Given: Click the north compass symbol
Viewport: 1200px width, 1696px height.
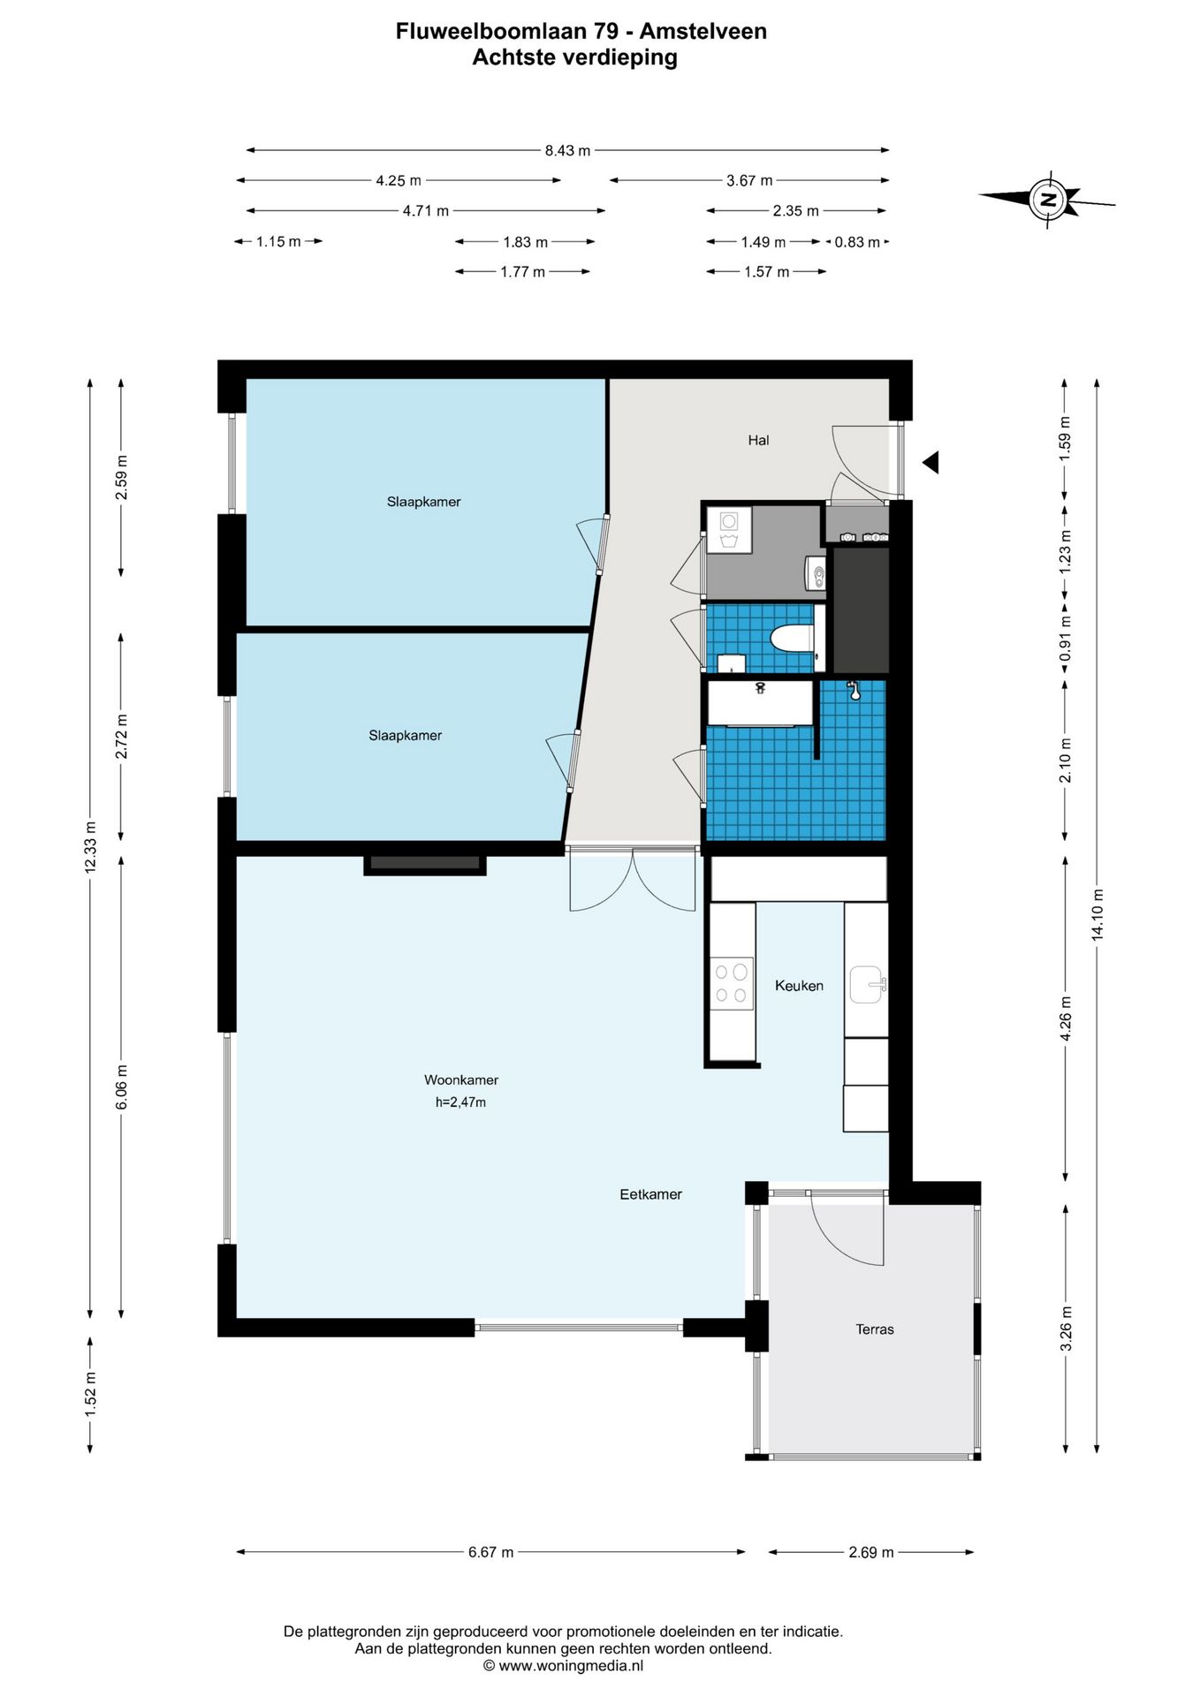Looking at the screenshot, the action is click(x=1048, y=199).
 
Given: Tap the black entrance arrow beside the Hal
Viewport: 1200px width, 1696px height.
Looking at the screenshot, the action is click(x=930, y=461).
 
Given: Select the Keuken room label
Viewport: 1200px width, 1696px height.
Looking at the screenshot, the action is click(x=799, y=986).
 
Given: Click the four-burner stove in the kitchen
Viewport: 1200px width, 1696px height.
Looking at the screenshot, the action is click(x=732, y=983).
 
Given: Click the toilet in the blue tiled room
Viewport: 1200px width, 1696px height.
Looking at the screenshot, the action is click(x=791, y=637).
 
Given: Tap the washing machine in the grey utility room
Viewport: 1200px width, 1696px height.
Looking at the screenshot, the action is click(x=729, y=529).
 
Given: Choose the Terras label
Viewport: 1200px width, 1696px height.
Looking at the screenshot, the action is click(x=875, y=1329).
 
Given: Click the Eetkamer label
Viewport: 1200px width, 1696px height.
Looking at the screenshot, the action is click(x=650, y=1194).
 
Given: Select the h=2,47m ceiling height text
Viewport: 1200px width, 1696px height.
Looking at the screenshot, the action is click(x=460, y=1102).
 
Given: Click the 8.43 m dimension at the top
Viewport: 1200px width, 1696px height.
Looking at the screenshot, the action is click(x=567, y=150).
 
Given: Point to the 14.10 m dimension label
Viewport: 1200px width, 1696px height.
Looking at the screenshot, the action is click(x=1097, y=915).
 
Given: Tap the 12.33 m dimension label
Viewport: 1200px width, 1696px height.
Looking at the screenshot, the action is click(x=89, y=847).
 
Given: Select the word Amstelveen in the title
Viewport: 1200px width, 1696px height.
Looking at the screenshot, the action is click(x=703, y=32).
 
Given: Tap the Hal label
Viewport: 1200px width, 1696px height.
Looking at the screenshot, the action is click(x=758, y=440).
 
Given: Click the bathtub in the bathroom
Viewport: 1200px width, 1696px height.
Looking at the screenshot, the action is click(x=760, y=702).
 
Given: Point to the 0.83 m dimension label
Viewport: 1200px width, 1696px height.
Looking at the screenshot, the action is click(x=857, y=242).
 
